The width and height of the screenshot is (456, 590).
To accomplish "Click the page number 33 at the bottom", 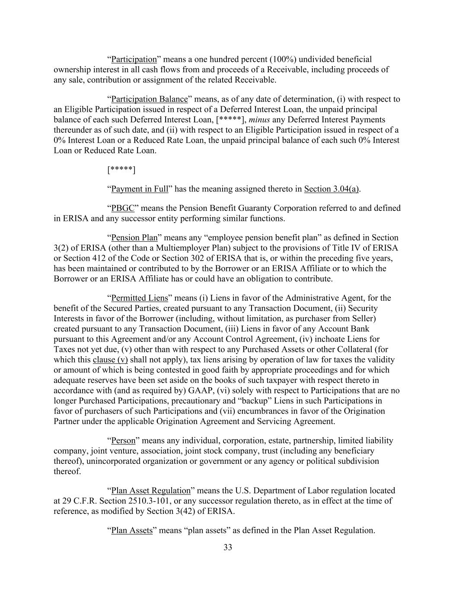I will pos(228,547).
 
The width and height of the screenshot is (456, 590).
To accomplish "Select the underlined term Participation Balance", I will pos(150,99).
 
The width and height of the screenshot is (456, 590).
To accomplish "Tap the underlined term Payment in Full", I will pos(140,189).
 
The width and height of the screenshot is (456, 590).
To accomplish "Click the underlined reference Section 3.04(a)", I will pos(332,189).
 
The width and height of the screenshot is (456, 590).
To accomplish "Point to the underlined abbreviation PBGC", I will pos(123,208).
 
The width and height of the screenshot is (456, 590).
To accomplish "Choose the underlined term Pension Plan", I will pos(134,237).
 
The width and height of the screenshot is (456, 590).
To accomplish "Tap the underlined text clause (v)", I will pos(110,360).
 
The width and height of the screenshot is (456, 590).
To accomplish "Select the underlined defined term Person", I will pos(123,440).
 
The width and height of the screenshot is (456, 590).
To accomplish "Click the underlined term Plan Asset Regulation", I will pos(151,491).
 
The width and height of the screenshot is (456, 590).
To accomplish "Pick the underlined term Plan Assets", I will pos(132,530).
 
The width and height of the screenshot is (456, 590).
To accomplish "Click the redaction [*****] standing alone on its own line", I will pos(121,170).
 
